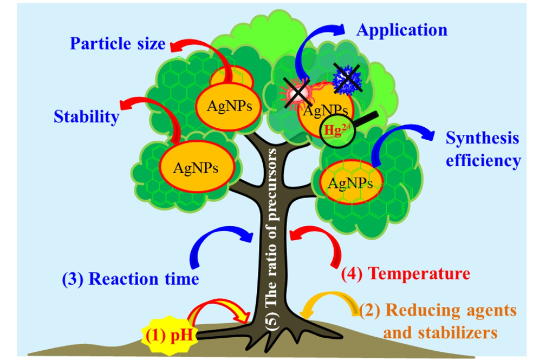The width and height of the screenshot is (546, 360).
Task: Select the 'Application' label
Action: coord(401,29)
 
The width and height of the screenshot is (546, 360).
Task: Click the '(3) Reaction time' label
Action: coord(130,279)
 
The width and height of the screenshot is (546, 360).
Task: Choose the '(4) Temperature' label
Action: coord(405,273)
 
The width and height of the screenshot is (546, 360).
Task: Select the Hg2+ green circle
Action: coord(336,130)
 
